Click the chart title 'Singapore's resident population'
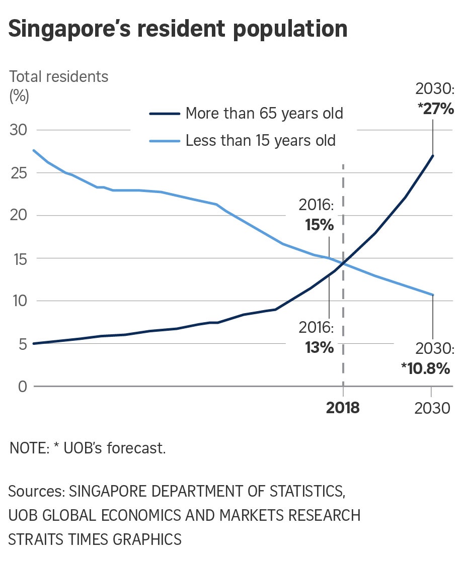[x=178, y=30]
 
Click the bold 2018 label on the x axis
[x=343, y=408]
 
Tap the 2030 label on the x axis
[x=432, y=408]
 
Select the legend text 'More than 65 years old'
[x=264, y=113]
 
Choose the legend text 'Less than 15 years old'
[x=260, y=140]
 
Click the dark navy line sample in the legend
[x=165, y=114]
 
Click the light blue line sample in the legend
[x=165, y=140]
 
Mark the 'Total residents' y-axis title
[x=59, y=76]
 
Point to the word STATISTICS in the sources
[x=306, y=492]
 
